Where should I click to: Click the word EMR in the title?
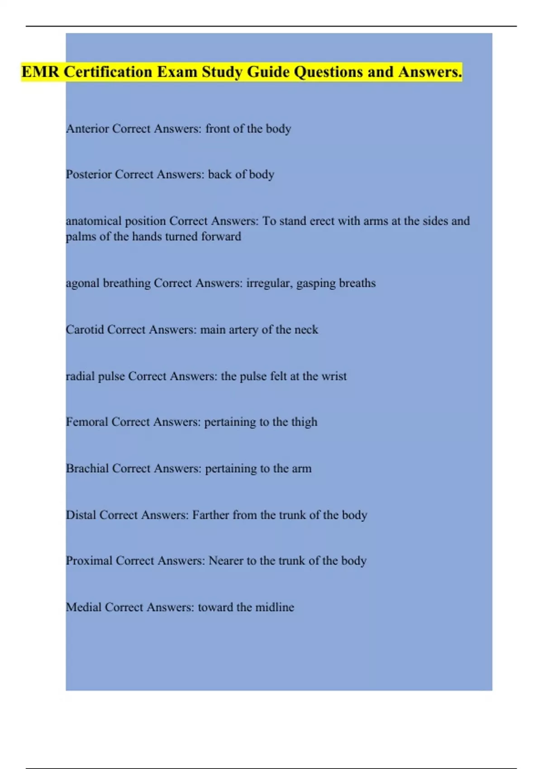[x=40, y=72]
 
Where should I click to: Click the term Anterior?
[x=87, y=129]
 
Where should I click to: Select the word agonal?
[x=83, y=284]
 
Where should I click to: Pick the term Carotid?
[x=85, y=330]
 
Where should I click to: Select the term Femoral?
[x=87, y=422]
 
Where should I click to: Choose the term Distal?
[x=81, y=515]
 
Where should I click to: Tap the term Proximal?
[x=89, y=561]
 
